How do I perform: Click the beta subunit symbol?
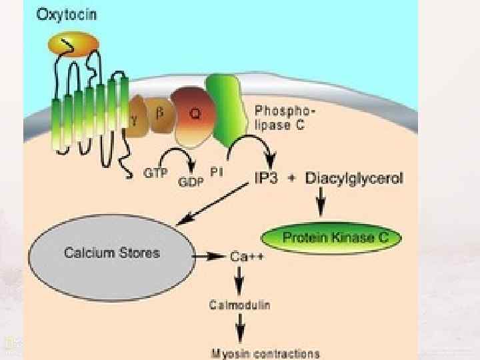[x=159, y=113]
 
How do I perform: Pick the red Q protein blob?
[x=193, y=115]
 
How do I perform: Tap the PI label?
[x=217, y=172]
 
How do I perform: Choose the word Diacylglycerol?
[x=355, y=179]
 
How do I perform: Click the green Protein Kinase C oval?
[x=331, y=237]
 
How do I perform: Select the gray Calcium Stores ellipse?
[x=111, y=253]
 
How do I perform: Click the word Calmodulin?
[x=240, y=305]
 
